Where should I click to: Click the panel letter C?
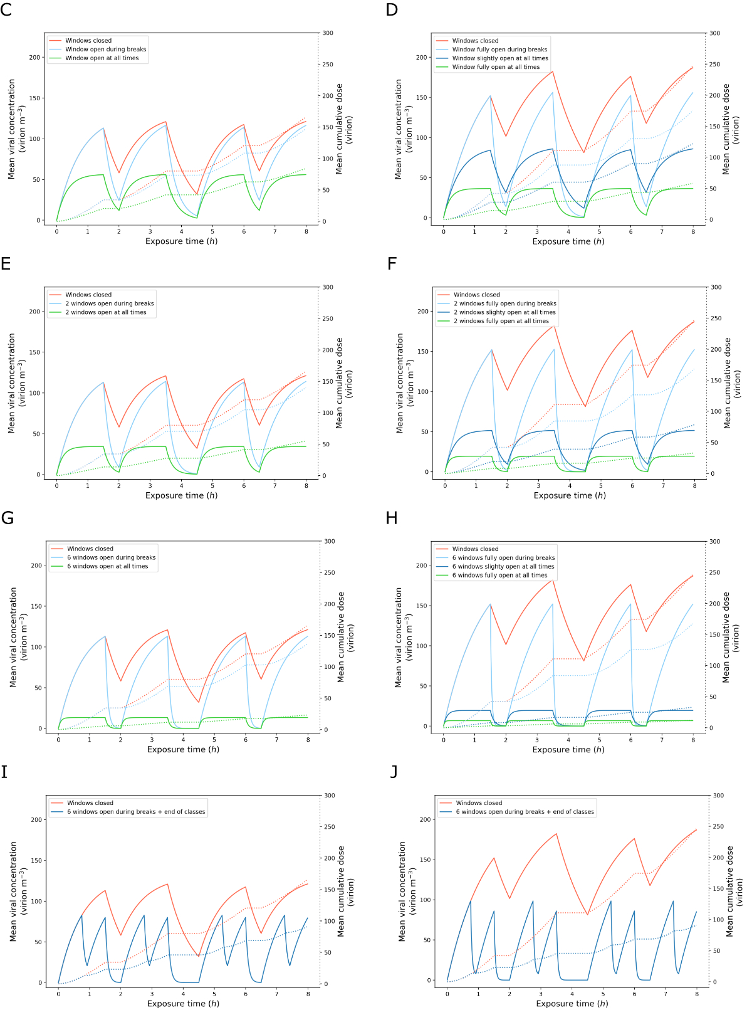(x=6, y=10)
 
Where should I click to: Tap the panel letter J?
(x=394, y=772)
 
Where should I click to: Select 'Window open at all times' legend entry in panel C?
(x=102, y=58)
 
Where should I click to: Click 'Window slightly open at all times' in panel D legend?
(x=499, y=58)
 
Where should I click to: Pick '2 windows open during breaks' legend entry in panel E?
(x=110, y=303)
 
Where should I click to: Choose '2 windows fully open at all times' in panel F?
(x=501, y=321)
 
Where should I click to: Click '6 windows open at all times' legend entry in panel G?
(x=108, y=566)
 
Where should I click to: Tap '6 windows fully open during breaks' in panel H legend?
(x=503, y=557)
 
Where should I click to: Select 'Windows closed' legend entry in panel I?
(x=90, y=802)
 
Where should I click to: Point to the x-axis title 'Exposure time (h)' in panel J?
(x=572, y=1004)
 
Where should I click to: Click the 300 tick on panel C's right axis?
(x=328, y=33)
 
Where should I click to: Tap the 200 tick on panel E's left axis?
(x=34, y=312)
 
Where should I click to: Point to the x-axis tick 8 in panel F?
(x=694, y=486)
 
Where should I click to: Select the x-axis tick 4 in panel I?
(x=183, y=994)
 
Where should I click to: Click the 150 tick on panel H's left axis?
(x=422, y=606)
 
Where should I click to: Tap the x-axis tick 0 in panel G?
(x=58, y=740)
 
